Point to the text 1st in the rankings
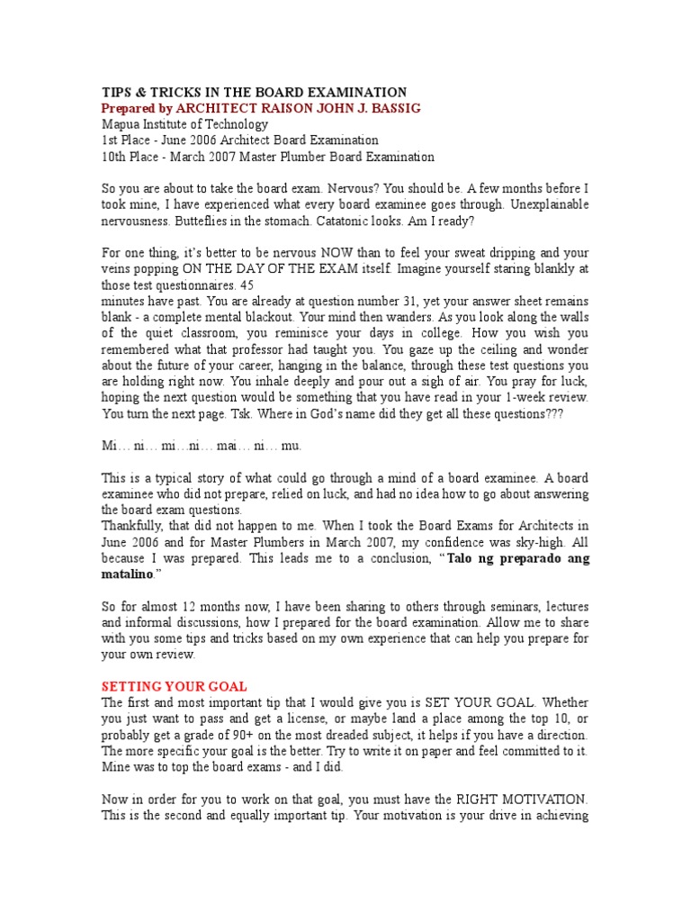112,141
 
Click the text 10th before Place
115,158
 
